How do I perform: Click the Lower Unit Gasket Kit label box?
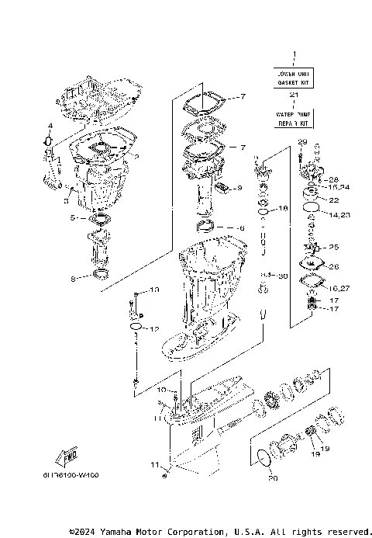(294, 76)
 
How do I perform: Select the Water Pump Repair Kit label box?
(294, 119)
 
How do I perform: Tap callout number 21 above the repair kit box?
(294, 95)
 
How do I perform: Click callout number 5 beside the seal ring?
(72, 218)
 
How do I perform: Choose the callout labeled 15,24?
(339, 187)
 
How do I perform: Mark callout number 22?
(334, 200)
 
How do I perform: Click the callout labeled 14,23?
(339, 214)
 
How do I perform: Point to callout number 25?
(334, 247)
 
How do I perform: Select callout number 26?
(334, 267)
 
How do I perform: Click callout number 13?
(153, 290)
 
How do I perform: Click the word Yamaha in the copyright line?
(119, 532)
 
